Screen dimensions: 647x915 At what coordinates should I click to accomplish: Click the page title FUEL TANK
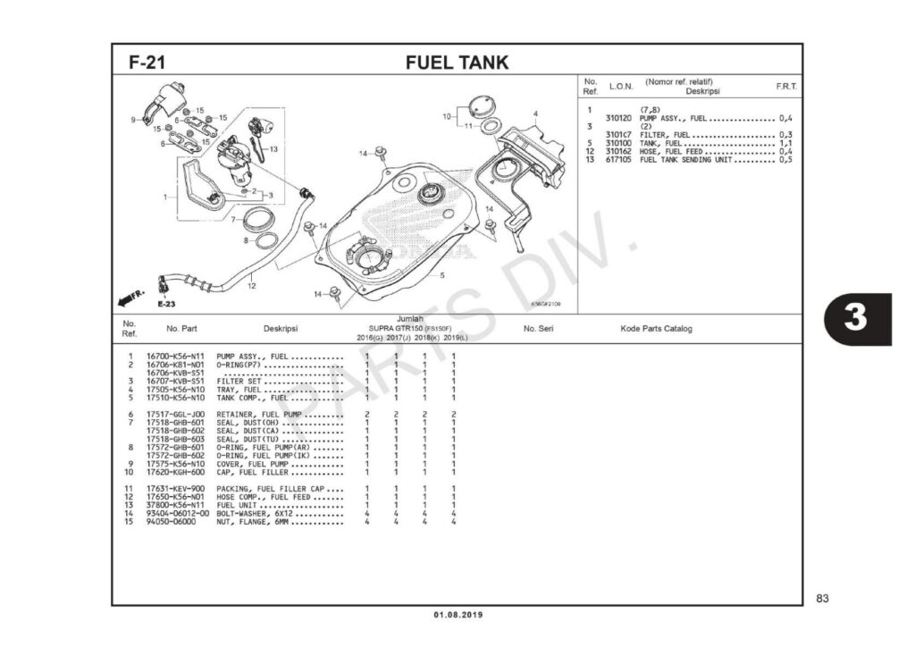457,63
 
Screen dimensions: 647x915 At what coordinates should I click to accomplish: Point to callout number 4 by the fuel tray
535,113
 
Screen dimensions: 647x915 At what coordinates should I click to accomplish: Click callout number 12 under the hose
252,286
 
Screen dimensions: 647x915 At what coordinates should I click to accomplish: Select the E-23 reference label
165,304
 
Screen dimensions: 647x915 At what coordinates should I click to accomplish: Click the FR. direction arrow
131,297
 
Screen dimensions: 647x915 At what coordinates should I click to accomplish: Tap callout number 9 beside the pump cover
132,119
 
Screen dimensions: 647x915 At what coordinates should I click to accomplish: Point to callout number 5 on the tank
441,275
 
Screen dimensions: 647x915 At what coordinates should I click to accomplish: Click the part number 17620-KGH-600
176,472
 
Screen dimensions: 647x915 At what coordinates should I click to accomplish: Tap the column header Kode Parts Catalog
656,329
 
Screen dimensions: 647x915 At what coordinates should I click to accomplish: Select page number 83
823,598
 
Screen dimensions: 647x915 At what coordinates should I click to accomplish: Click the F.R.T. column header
786,87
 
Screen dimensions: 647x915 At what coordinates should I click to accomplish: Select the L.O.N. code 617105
617,160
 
